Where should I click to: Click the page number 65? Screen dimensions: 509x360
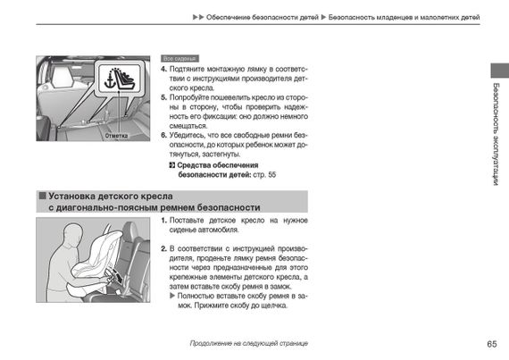click(x=492, y=344)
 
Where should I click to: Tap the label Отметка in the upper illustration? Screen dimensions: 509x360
click(x=116, y=136)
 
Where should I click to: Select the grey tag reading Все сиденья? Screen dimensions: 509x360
click(x=179, y=59)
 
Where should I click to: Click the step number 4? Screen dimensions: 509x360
click(x=163, y=69)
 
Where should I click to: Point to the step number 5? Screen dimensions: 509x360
click(x=163, y=97)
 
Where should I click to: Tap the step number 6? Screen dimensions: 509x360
click(x=163, y=136)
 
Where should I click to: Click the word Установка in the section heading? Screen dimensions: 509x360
click(x=71, y=196)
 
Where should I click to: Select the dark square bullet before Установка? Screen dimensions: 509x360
click(x=43, y=196)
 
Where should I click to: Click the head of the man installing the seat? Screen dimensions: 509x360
click(x=72, y=234)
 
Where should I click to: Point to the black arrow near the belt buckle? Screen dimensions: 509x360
click(x=120, y=278)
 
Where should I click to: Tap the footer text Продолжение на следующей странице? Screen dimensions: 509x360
click(x=248, y=343)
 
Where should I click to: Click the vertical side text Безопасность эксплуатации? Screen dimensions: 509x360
click(x=496, y=134)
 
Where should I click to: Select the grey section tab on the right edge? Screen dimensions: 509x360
click(x=500, y=71)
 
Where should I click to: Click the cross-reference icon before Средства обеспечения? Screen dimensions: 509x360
click(x=172, y=165)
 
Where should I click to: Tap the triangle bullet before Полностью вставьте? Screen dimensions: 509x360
click(x=172, y=296)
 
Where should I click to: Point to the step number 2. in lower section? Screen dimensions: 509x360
click(x=164, y=249)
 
